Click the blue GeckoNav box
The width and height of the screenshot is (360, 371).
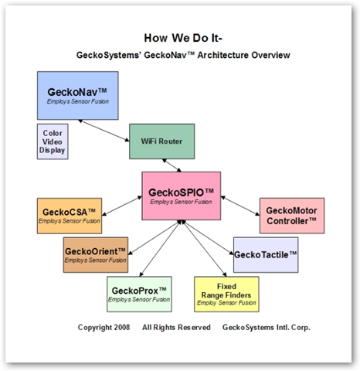click(78, 95)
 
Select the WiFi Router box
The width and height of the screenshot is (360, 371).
click(161, 141)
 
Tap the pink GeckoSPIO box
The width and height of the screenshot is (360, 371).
click(182, 196)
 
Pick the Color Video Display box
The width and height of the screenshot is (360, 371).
click(53, 141)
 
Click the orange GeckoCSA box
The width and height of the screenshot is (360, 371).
click(70, 216)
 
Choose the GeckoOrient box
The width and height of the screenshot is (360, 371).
click(96, 255)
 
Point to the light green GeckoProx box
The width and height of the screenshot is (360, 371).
click(139, 294)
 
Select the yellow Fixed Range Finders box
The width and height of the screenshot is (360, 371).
click(226, 294)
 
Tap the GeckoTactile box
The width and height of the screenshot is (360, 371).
click(266, 255)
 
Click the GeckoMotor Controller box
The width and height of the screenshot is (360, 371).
click(292, 216)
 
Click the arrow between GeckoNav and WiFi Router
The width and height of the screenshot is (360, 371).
click(104, 131)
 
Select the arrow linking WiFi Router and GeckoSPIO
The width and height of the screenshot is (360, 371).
click(172, 165)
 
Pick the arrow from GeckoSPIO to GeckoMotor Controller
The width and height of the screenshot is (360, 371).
click(240, 206)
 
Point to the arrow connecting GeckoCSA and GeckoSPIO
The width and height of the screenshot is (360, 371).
click(122, 206)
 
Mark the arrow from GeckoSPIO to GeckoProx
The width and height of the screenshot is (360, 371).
click(160, 248)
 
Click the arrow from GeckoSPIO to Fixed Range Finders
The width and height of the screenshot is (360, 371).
click(204, 248)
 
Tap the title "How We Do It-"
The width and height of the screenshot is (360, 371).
click(183, 38)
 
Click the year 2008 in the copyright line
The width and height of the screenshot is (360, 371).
click(122, 327)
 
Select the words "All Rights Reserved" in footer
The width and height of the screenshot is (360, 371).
click(176, 327)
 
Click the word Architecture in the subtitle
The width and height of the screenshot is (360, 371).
click(223, 55)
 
